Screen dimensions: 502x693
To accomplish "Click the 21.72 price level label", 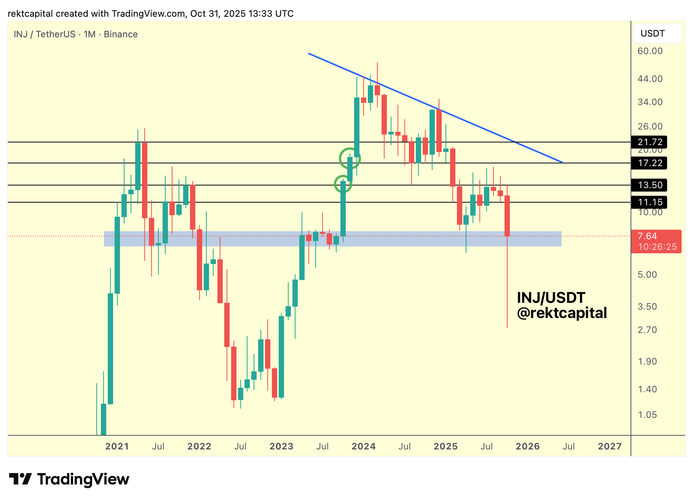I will pyautogui.click(x=649, y=142).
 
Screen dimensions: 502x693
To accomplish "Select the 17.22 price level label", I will pyautogui.click(x=649, y=163).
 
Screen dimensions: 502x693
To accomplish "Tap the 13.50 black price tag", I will pyautogui.click(x=649, y=185).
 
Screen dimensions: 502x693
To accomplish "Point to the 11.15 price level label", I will pyautogui.click(x=649, y=202).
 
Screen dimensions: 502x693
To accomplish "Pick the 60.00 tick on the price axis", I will pyautogui.click(x=650, y=51).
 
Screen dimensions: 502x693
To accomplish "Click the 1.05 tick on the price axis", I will pyautogui.click(x=647, y=415).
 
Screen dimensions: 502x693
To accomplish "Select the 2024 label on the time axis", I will pyautogui.click(x=363, y=446).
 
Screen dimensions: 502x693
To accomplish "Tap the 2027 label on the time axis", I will pyautogui.click(x=610, y=446).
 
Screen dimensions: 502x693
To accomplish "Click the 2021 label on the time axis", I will pyautogui.click(x=117, y=446).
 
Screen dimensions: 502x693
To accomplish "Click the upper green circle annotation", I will pyautogui.click(x=350, y=158).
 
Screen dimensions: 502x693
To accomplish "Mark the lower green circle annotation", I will pyautogui.click(x=343, y=184).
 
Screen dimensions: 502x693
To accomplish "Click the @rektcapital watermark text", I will pyautogui.click(x=562, y=313).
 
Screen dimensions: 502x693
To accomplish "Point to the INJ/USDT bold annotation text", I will pyautogui.click(x=551, y=297).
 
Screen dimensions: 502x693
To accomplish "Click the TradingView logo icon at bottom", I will pyautogui.click(x=20, y=479).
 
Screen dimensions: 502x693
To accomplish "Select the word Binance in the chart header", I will pyautogui.click(x=121, y=34).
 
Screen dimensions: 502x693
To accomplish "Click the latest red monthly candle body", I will pyautogui.click(x=507, y=216).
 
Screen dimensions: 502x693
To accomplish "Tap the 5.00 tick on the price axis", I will pyautogui.click(x=647, y=275).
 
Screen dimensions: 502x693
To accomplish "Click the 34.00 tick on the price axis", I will pyautogui.click(x=650, y=102).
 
